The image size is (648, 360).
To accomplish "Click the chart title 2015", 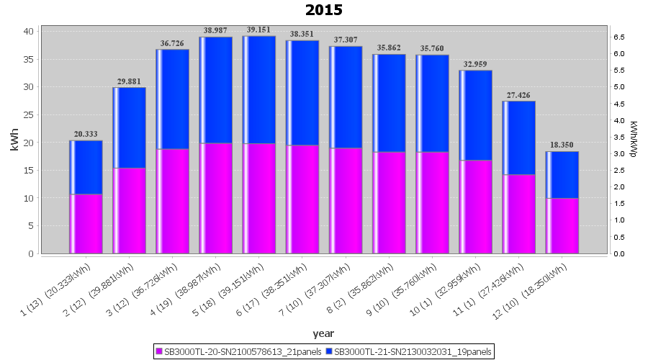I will pos(324,10).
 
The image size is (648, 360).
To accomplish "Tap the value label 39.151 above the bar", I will pos(259,30).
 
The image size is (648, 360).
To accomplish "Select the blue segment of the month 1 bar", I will pos(86,167).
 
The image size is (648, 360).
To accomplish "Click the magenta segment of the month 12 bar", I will pos(562,225).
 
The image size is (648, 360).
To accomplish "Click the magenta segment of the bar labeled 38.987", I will pos(216,198).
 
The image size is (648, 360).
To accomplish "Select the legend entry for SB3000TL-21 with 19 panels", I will pos(409,351).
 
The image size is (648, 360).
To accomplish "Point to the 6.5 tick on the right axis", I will pos(618,37).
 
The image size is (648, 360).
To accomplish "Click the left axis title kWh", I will pos(14,142).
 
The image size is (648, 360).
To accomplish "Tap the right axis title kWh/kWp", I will pos(633,139).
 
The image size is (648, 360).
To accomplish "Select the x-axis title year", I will pos(323,333).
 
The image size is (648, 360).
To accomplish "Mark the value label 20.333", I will pos(86,134).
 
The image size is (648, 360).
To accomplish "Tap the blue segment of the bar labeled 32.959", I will pos(476,115).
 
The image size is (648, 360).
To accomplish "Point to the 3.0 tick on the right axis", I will pos(618,153).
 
